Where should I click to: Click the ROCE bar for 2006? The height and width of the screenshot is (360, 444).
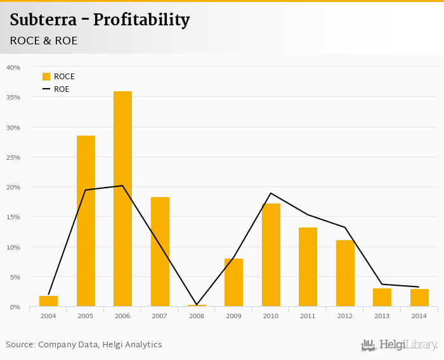pyautogui.click(x=122, y=199)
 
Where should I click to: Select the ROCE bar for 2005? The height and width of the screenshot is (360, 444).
pyautogui.click(x=86, y=221)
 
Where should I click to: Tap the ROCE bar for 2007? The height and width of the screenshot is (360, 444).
pyautogui.click(x=160, y=252)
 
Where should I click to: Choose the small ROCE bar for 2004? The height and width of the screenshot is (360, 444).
pyautogui.click(x=48, y=301)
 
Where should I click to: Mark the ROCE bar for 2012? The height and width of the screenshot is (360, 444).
pyautogui.click(x=345, y=273)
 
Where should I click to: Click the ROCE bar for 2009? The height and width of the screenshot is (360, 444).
pyautogui.click(x=233, y=283)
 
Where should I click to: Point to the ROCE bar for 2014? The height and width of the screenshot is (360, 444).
pyautogui.click(x=419, y=298)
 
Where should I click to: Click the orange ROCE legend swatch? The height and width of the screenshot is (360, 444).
pyautogui.click(x=46, y=77)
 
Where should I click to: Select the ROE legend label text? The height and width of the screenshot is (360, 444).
pyautogui.click(x=62, y=89)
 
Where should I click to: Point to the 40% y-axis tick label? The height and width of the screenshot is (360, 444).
pyautogui.click(x=13, y=67)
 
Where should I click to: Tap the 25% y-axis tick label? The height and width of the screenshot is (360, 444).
pyautogui.click(x=13, y=157)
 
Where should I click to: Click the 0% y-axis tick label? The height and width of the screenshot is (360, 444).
pyautogui.click(x=15, y=307)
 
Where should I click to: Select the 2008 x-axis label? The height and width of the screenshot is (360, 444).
pyautogui.click(x=197, y=315)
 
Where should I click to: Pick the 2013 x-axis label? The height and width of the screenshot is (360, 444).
pyautogui.click(x=382, y=315)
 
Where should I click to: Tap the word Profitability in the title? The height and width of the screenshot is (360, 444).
pyautogui.click(x=141, y=20)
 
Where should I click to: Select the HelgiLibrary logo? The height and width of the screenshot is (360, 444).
pyautogui.click(x=400, y=345)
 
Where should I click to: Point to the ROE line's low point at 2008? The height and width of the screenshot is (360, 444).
pyautogui.click(x=197, y=305)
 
